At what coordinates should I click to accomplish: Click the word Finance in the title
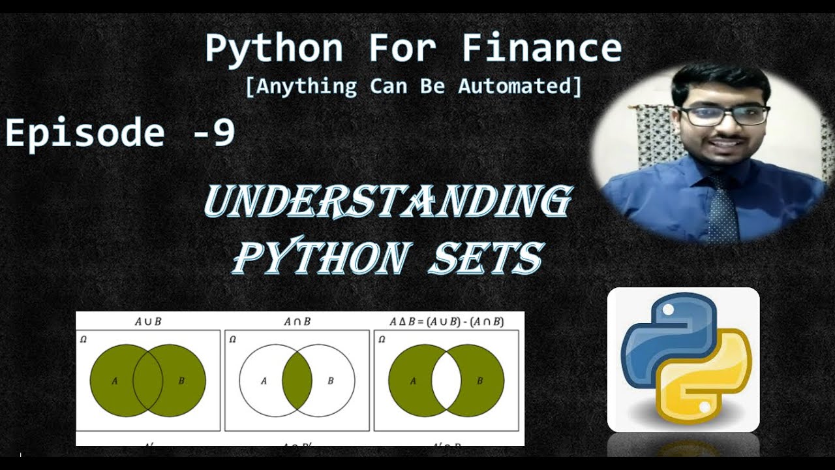click(x=541, y=48)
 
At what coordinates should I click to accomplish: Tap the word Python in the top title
click(x=274, y=48)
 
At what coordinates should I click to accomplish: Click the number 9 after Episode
click(x=223, y=133)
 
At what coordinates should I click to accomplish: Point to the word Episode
click(x=85, y=133)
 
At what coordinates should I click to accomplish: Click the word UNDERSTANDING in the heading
click(x=387, y=202)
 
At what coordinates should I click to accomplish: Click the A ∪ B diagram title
click(x=147, y=322)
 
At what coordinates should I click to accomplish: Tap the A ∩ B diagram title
click(x=297, y=322)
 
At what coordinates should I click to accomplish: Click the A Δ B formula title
click(x=446, y=322)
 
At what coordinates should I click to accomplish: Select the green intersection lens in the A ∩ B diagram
click(x=297, y=381)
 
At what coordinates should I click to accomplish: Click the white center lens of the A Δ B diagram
click(x=446, y=381)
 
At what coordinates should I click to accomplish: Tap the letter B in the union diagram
click(x=181, y=381)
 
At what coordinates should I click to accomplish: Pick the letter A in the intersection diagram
click(x=264, y=381)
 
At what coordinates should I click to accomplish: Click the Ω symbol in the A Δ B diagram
click(x=382, y=339)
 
